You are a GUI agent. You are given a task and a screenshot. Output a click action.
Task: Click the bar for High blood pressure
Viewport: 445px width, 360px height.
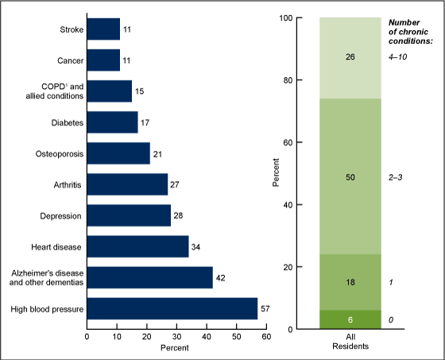coord(172,308)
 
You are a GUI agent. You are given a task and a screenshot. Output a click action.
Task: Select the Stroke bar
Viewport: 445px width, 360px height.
coord(103,29)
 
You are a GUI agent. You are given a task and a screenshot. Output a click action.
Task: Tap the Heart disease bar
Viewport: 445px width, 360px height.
coord(137,246)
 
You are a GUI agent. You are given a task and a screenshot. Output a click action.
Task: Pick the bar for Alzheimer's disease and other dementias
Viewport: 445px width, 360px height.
coord(149,277)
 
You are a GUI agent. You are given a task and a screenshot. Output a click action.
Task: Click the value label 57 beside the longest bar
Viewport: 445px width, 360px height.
coord(266,308)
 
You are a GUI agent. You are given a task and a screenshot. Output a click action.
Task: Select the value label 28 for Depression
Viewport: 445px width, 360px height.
coord(179,215)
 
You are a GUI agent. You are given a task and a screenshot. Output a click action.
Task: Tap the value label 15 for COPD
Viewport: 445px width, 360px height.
coord(140,91)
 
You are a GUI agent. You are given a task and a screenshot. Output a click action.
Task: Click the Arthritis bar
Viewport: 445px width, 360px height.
coord(127,184)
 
